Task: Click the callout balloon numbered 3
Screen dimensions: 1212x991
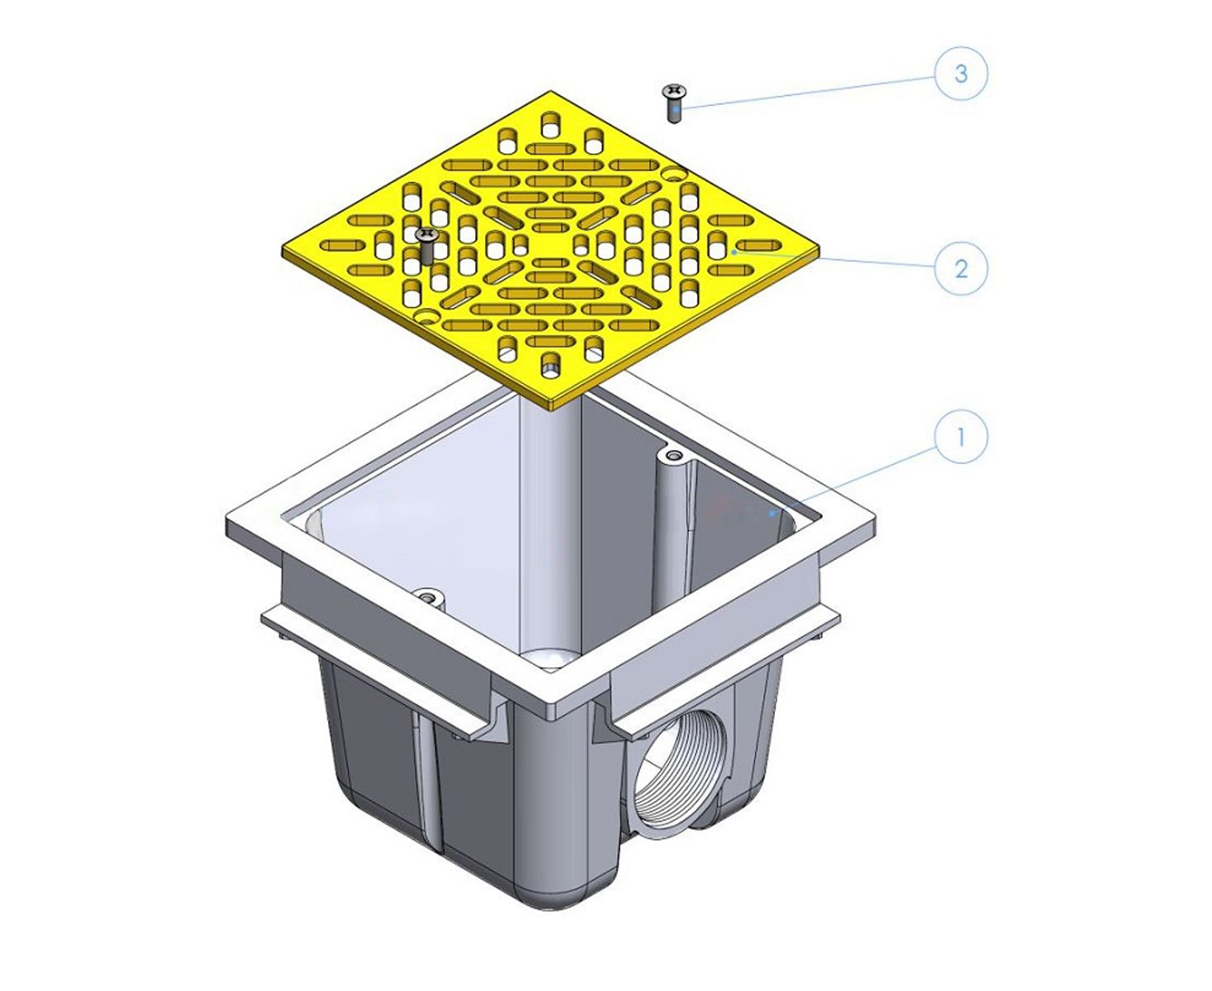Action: (x=960, y=73)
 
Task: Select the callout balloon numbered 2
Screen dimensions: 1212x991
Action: (x=960, y=268)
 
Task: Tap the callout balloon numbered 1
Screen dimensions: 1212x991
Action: (x=960, y=437)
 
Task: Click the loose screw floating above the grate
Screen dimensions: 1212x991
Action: (x=674, y=103)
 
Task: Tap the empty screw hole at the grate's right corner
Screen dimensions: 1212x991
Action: (x=674, y=173)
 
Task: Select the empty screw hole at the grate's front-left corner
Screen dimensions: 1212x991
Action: (x=428, y=316)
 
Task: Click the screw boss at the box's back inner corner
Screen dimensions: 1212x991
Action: (x=671, y=457)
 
